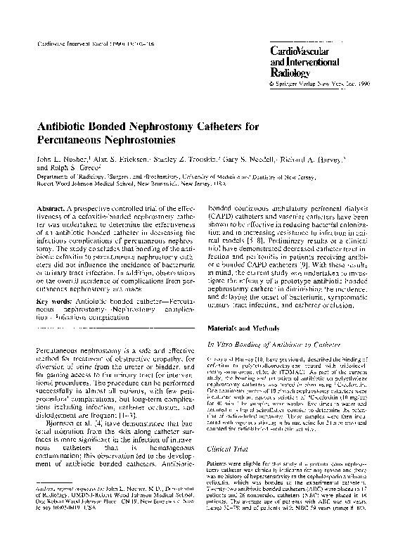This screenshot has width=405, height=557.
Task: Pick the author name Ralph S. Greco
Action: click(x=65, y=169)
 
